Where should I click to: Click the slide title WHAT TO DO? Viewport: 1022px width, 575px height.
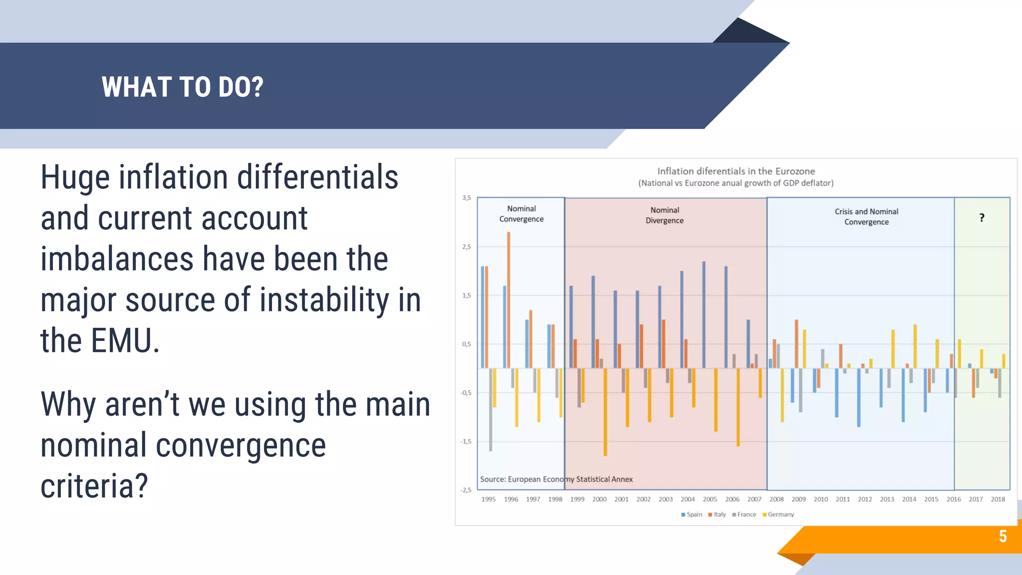pos(182,87)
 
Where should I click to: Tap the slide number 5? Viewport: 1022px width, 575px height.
pos(1003,536)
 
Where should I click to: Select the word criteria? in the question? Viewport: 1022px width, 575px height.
pos(94,486)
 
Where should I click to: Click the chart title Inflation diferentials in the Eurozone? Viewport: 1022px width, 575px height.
pos(736,171)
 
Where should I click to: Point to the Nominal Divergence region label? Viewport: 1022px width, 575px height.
pos(664,215)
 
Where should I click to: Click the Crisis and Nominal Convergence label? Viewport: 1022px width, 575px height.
pos(866,217)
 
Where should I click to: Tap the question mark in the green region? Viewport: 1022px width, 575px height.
pos(982,218)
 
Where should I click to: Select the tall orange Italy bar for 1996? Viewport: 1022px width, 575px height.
pos(509,299)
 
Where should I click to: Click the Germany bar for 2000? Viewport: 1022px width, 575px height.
pos(605,412)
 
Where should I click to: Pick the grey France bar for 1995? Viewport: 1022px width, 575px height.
pos(491,409)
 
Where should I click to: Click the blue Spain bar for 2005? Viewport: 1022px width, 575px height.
pos(704,314)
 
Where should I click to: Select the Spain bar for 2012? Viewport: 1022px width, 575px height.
pos(858,397)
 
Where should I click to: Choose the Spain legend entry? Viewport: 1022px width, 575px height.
pos(692,515)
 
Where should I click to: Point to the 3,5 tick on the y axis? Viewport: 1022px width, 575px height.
pos(466,198)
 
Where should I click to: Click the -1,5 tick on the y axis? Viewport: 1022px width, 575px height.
pos(465,442)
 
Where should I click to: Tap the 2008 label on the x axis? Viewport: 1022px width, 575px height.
pos(776,499)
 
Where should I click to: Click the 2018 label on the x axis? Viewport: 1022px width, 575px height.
pos(998,499)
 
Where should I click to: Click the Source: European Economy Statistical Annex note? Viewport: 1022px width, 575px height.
pos(556,479)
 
